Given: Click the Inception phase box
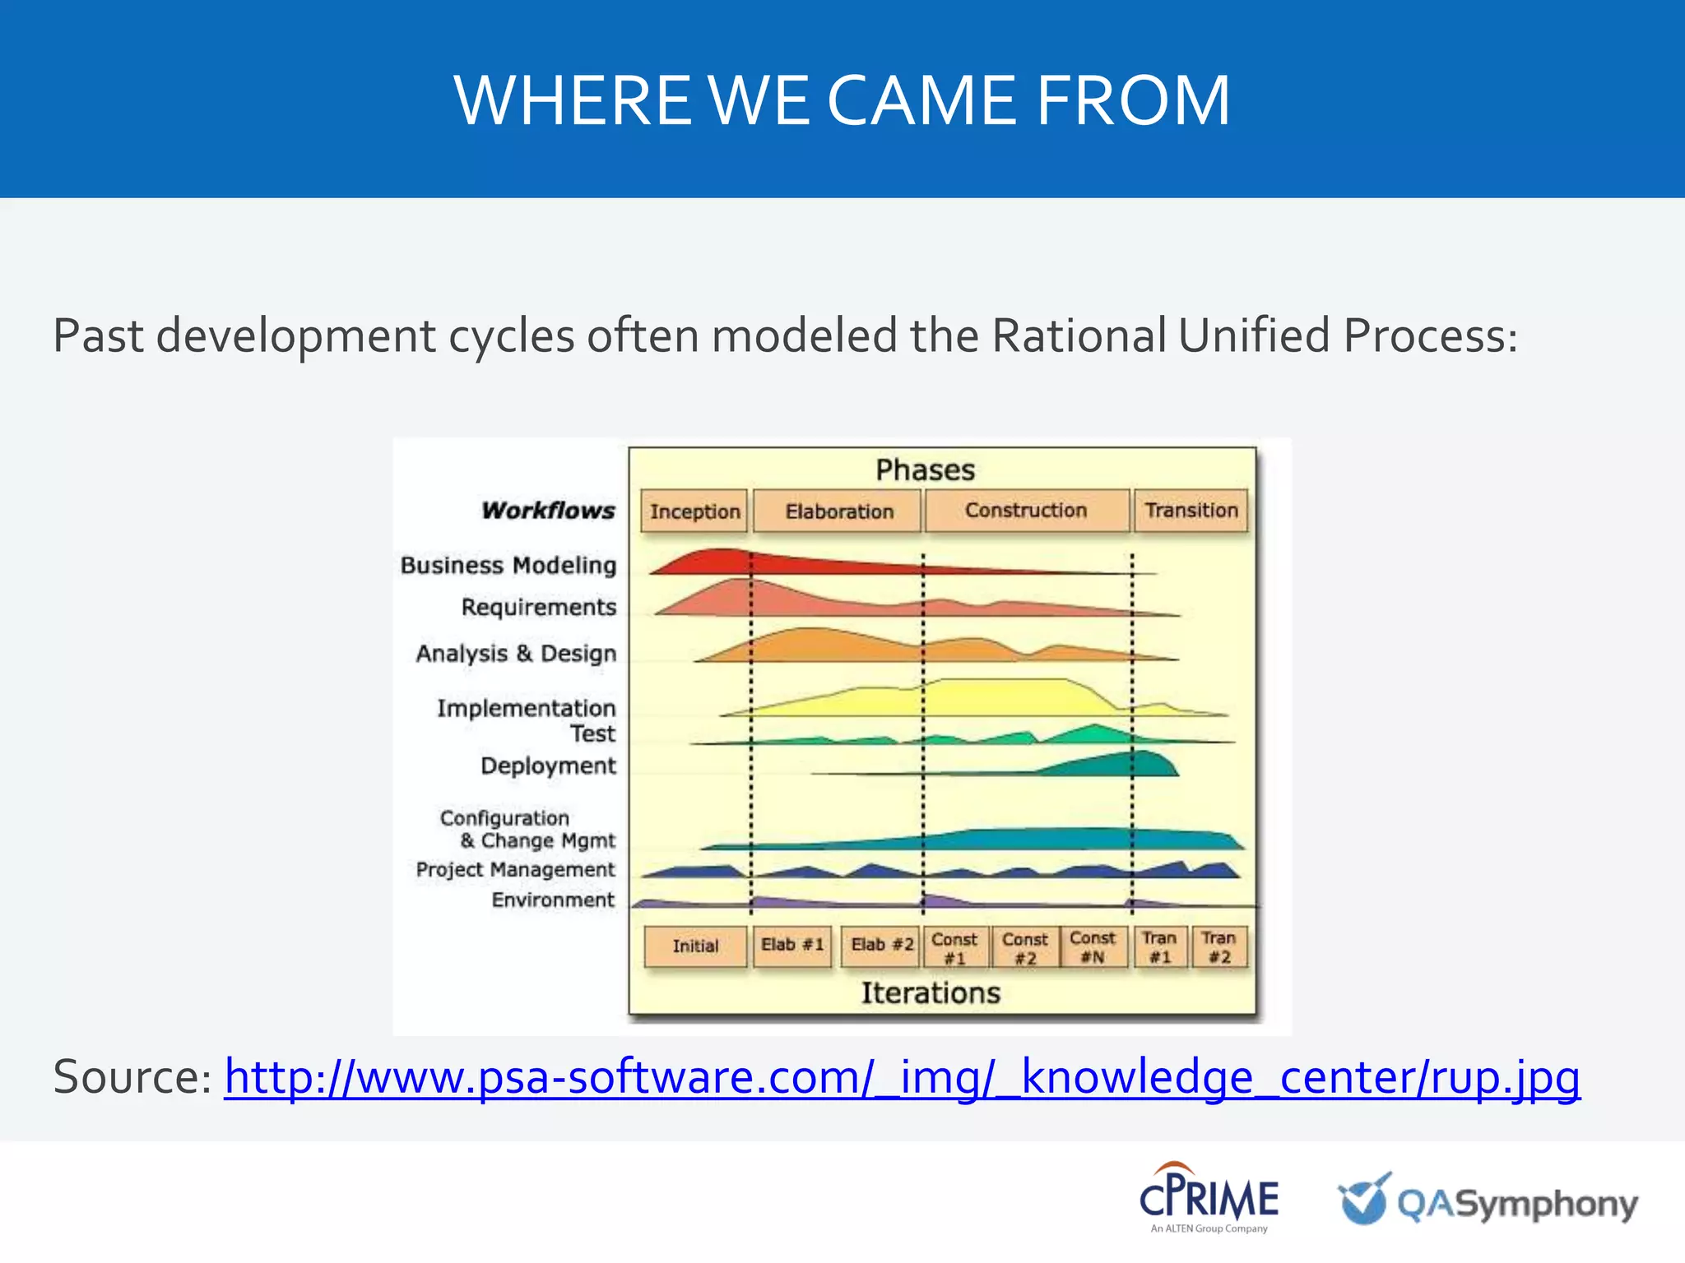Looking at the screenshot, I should coord(694,511).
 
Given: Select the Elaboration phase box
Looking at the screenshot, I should coord(838,511).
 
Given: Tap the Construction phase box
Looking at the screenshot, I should coord(1026,511).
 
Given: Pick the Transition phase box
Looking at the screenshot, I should coord(1191,511).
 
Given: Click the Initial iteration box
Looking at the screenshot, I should coord(695,946).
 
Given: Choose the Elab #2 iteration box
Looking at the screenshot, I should coord(881,946).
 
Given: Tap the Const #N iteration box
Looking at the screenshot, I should coord(1093,947).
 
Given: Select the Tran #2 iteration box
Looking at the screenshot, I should coord(1218,947).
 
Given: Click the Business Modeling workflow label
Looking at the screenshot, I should coord(508,566).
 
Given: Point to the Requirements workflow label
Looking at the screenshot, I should coord(539,607).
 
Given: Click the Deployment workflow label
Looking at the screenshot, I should coord(548,766).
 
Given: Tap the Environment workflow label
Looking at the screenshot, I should coord(553,900).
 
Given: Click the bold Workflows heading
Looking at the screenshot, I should coord(548,511).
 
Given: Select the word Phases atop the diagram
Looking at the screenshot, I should coord(925,470).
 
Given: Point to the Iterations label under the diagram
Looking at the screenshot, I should coord(931,993).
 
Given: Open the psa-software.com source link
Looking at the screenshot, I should coord(902,1077).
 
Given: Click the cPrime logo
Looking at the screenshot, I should coord(1208,1197).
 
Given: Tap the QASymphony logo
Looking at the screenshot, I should coord(1488,1202).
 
